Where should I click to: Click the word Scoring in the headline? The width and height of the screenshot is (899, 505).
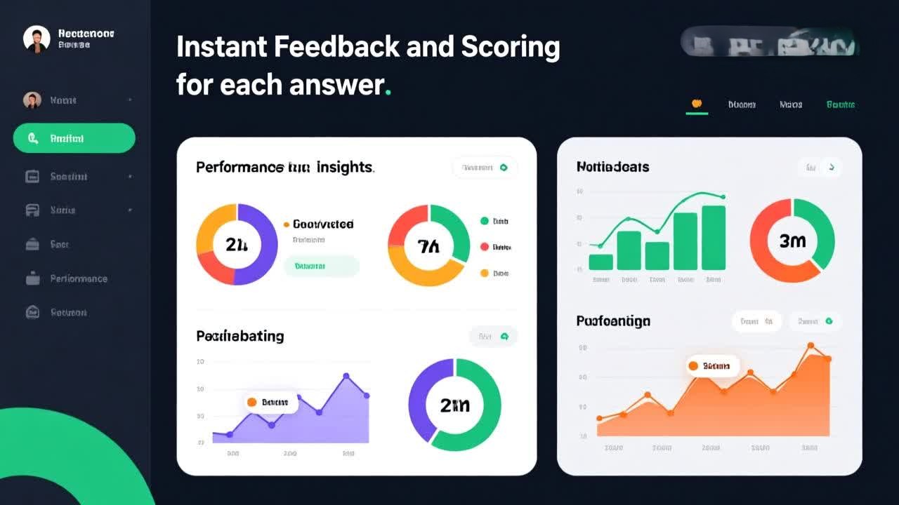511,47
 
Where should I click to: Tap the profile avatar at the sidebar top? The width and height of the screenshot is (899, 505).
37,39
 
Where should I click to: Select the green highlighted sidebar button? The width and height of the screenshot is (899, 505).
74,138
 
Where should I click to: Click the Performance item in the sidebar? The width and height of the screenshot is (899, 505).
78,278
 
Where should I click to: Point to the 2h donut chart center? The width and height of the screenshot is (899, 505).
237,244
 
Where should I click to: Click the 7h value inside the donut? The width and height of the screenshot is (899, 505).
428,245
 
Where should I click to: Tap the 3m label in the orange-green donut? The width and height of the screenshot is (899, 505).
792,241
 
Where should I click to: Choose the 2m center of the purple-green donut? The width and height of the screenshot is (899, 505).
454,405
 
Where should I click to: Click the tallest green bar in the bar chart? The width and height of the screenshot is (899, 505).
714,238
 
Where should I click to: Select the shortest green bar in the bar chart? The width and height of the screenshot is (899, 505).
601,262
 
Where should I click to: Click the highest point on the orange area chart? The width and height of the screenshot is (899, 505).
811,346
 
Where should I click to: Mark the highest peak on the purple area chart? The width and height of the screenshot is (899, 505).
346,376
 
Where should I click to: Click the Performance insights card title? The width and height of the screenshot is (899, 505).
284,167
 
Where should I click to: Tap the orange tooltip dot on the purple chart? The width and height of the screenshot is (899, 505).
251,402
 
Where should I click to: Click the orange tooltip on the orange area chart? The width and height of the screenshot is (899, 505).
711,365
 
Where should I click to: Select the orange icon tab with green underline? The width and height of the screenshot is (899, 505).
697,104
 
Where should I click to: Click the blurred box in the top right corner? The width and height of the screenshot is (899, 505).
770,42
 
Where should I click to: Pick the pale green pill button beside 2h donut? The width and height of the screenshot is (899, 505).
321,267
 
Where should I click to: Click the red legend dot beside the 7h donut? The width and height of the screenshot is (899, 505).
484,247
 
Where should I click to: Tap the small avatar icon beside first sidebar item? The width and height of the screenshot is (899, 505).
32,100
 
